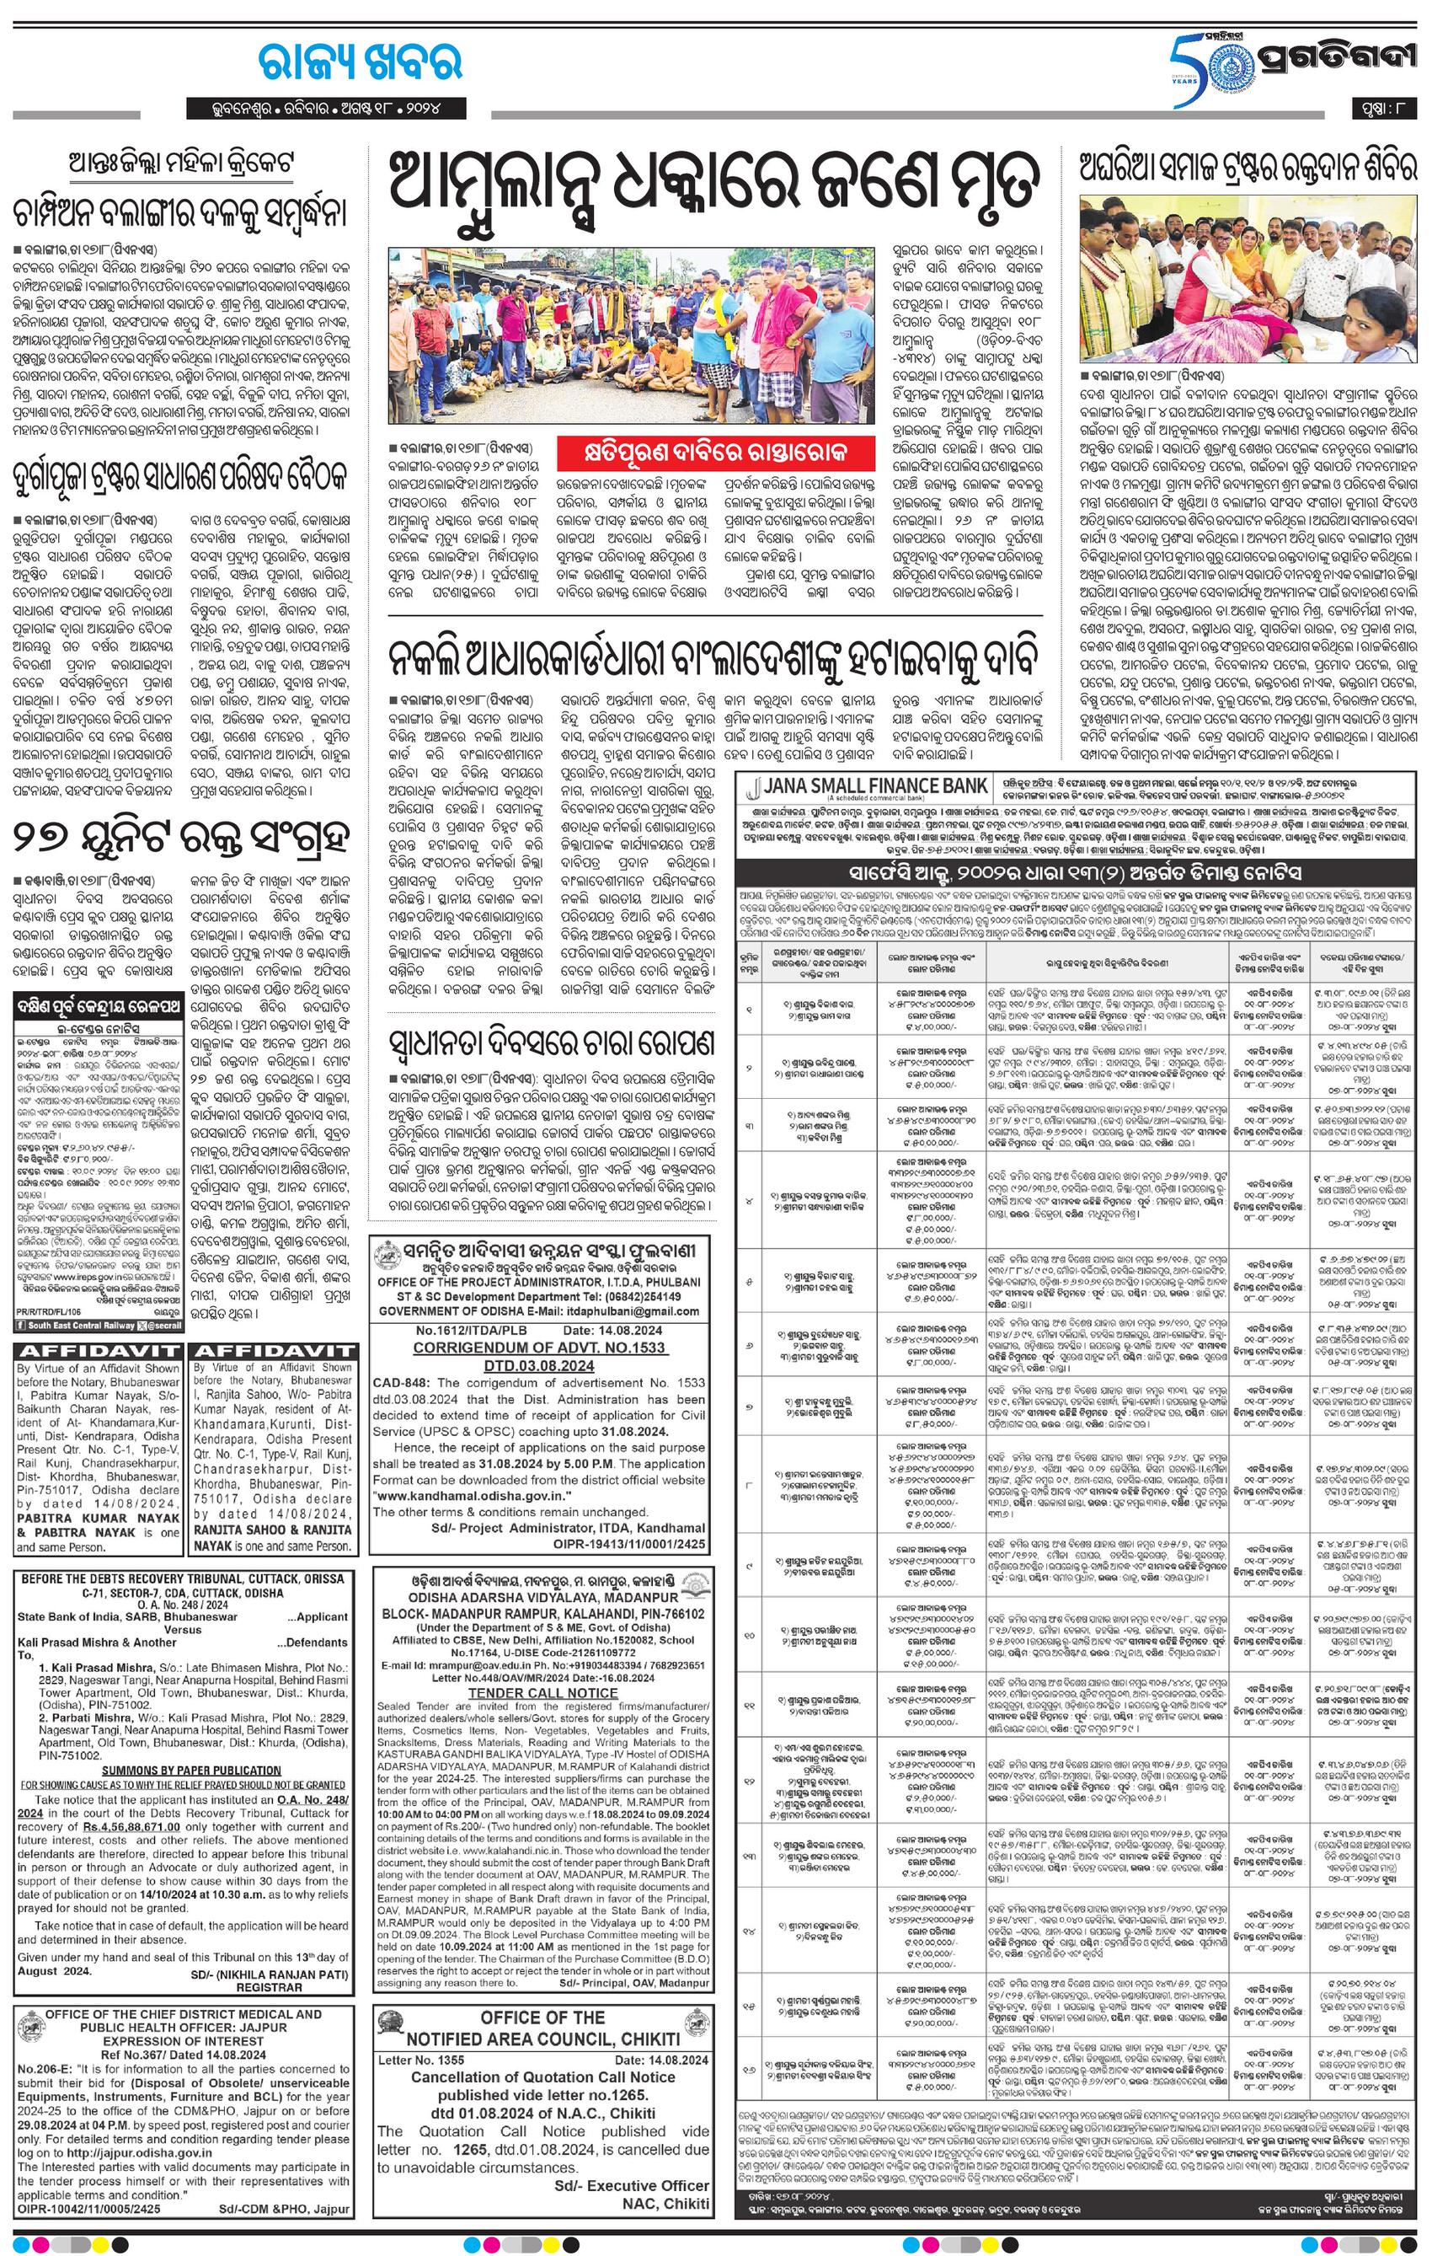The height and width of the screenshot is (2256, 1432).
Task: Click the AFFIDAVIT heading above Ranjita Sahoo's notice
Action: [x=274, y=1351]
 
